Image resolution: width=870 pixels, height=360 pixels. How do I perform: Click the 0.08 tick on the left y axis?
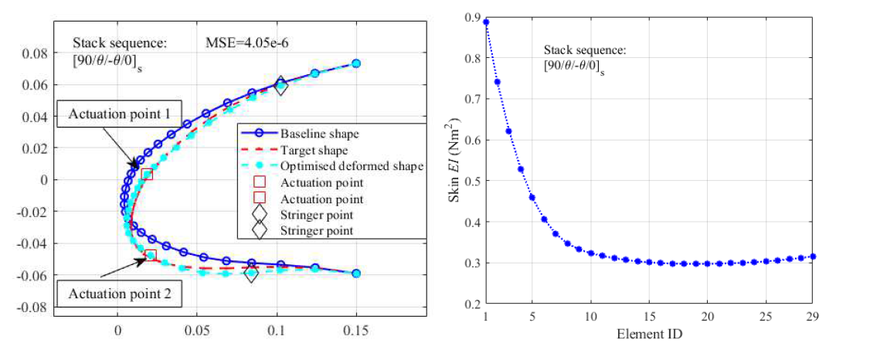point(36,53)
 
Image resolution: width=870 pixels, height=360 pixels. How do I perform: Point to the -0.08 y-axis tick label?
point(35,307)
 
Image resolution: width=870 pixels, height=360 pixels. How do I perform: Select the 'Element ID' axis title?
point(649,335)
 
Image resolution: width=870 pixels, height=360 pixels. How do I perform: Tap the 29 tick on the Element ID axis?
point(811,318)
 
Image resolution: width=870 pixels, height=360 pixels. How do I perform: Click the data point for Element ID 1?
point(486,22)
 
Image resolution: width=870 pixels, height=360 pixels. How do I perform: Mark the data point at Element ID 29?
point(812,256)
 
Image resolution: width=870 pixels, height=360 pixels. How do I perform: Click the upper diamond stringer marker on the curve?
point(280,87)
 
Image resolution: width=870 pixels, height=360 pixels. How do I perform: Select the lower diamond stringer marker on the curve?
point(250,273)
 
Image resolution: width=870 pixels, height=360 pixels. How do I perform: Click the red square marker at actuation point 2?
point(151,255)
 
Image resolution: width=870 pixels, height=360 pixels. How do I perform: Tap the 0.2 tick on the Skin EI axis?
point(470,304)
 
